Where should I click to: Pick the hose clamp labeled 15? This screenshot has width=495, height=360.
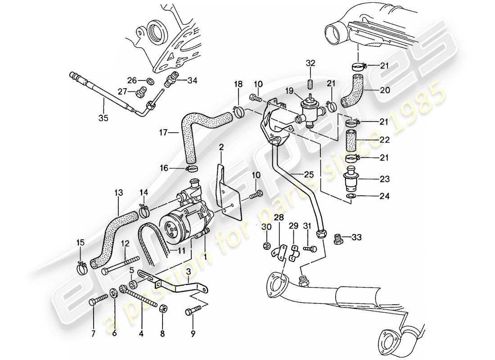click(82, 269)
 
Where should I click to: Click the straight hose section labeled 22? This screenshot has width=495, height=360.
click(351, 139)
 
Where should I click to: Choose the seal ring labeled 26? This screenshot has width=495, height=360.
click(148, 81)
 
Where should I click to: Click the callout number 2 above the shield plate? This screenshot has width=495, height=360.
click(221, 147)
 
